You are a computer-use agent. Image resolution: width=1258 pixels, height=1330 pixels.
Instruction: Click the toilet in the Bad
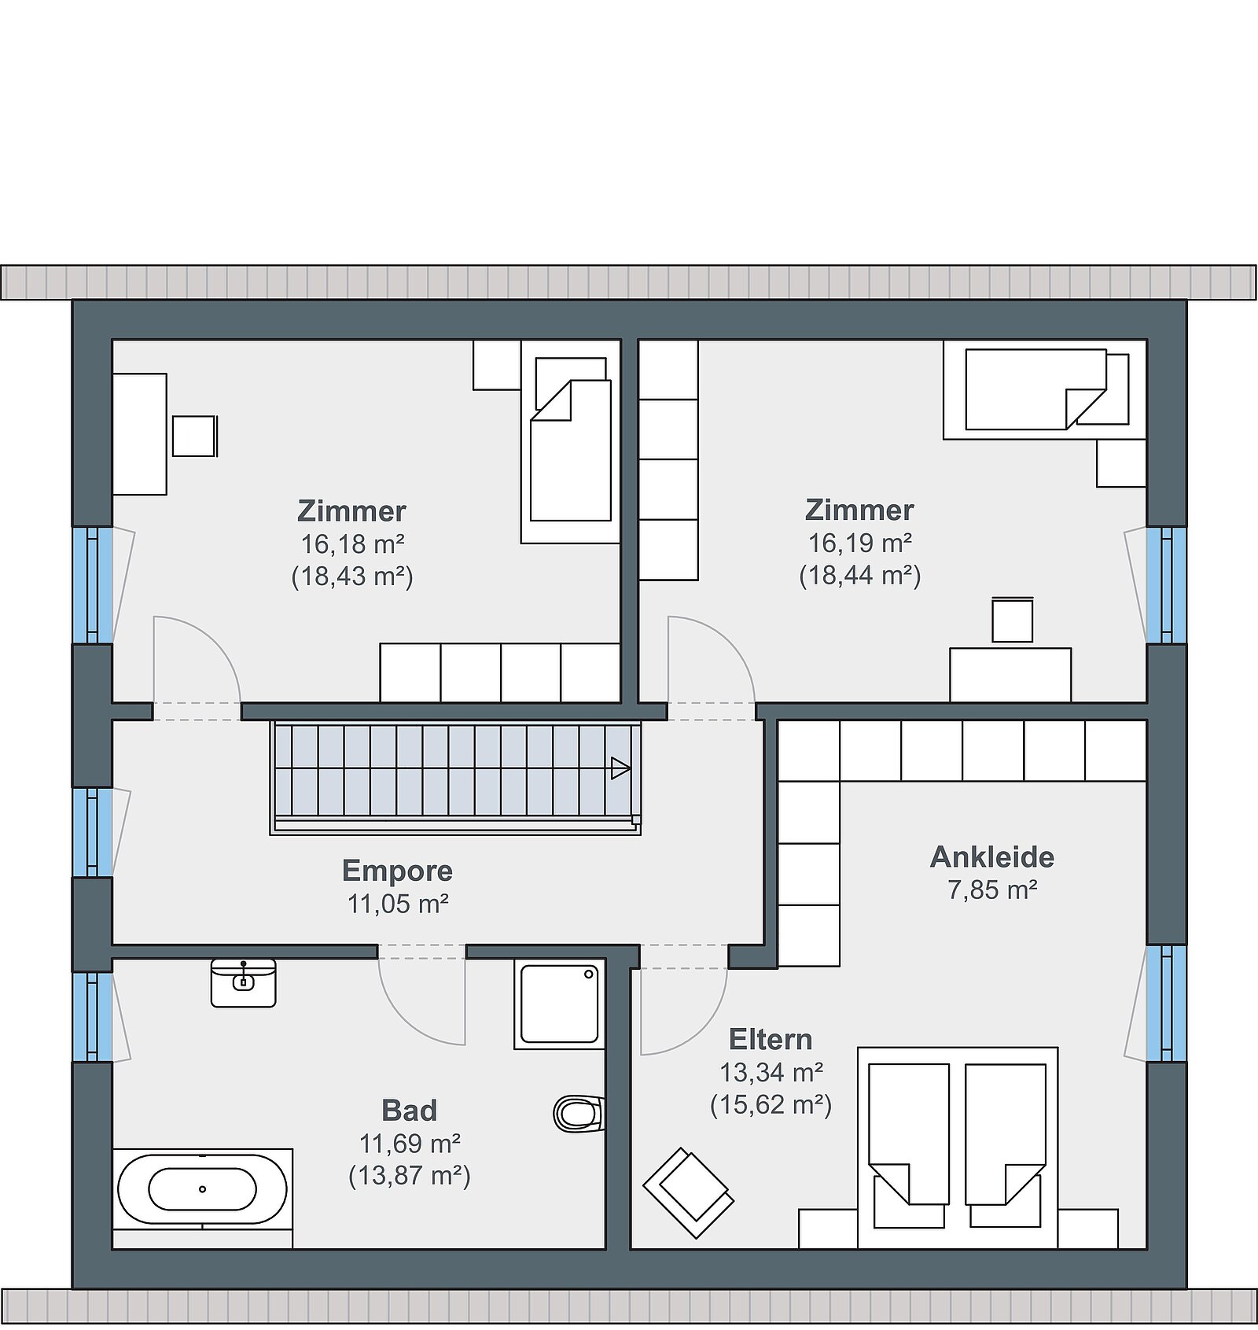(579, 1113)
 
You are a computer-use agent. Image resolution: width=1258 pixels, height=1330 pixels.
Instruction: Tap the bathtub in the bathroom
(202, 1188)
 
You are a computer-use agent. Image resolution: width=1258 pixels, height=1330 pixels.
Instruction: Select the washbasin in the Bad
(244, 983)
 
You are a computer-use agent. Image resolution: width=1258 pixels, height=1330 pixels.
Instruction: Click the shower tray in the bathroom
(560, 1004)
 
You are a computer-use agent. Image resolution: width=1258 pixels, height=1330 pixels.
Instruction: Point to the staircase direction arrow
(620, 768)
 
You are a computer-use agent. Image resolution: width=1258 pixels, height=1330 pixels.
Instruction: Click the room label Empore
(397, 871)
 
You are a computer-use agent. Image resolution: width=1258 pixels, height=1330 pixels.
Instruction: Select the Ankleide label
(992, 857)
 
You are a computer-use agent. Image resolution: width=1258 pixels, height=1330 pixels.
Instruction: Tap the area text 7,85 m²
(992, 890)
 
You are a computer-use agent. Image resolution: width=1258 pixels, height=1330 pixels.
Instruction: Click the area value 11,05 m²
(398, 904)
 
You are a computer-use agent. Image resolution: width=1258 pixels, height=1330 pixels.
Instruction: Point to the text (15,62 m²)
(771, 1104)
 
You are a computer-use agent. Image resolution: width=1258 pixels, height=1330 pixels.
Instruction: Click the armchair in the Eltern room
(689, 1193)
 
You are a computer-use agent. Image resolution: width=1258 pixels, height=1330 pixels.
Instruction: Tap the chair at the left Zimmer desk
(194, 436)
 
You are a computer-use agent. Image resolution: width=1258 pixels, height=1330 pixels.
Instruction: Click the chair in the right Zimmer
(1013, 621)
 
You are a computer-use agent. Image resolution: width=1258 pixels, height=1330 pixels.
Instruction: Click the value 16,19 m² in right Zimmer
(860, 543)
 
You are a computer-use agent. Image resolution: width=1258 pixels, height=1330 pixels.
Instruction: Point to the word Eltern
(771, 1039)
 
